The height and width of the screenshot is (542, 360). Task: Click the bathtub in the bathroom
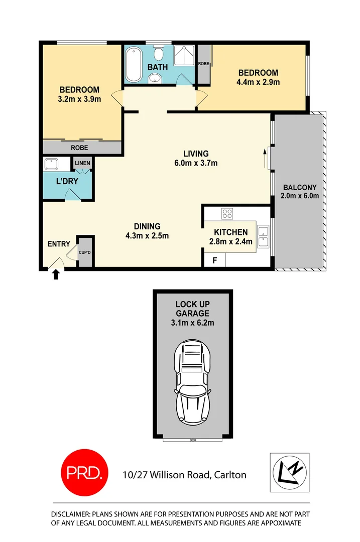coord(134,65)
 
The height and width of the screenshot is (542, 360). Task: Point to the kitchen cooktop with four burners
coord(227,213)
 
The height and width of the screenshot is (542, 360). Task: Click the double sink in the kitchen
coord(263,237)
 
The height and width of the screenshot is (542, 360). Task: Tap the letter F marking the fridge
coord(214,261)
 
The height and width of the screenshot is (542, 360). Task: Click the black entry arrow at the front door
coord(55,274)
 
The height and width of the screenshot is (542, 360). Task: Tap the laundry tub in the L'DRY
coord(51,164)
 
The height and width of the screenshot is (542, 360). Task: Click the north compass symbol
coord(290,472)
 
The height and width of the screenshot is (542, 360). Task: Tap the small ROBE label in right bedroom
coord(203,64)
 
